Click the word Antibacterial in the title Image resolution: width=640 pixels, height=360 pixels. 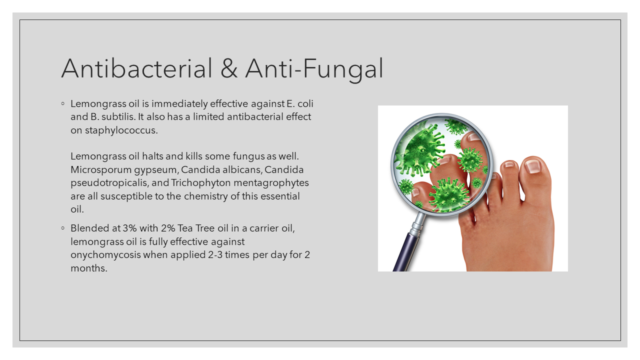click(x=136, y=68)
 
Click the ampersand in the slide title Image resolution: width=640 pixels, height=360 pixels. click(x=228, y=68)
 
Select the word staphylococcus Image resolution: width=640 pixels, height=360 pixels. click(x=114, y=130)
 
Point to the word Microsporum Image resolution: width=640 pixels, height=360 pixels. click(x=97, y=169)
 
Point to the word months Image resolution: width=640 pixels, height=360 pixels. click(x=89, y=267)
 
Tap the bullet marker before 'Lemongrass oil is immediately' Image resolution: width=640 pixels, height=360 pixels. click(x=63, y=104)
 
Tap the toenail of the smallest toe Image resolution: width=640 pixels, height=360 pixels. click(x=509, y=164)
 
